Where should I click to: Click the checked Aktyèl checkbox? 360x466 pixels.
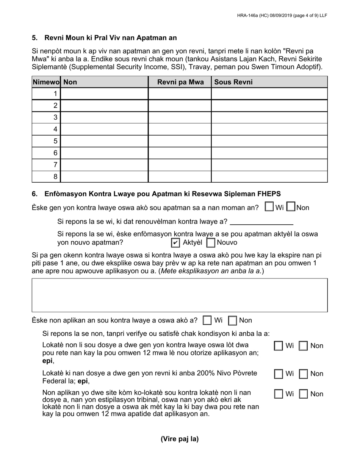click(175, 243)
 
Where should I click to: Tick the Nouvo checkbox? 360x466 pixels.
click(211, 243)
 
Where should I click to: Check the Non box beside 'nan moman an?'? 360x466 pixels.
click(291, 207)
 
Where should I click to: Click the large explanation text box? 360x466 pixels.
click(180, 295)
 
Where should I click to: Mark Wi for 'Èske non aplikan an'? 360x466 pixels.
click(207, 321)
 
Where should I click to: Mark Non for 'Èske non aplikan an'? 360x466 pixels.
click(233, 321)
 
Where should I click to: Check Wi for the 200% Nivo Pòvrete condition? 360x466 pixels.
click(279, 374)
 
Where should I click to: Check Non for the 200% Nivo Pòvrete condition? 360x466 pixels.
click(304, 374)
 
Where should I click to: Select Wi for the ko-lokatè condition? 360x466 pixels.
click(279, 394)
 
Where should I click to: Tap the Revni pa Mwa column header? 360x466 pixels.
click(180, 82)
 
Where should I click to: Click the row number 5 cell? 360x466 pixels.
click(46, 141)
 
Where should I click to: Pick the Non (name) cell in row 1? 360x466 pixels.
click(104, 94)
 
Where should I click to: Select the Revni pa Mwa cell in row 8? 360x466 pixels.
click(180, 177)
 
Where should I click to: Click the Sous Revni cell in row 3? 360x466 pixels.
click(269, 117)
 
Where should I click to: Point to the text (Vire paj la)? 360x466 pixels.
click(180, 439)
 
